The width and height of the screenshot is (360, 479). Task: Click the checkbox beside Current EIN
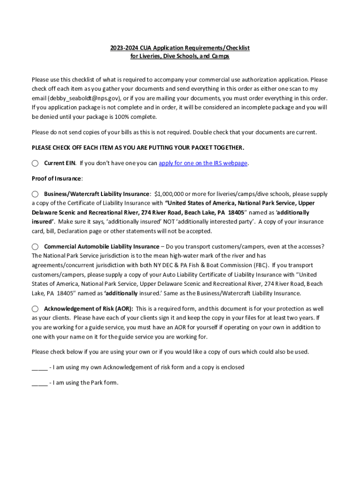(x=35, y=163)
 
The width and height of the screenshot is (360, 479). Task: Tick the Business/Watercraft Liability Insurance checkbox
(x=35, y=194)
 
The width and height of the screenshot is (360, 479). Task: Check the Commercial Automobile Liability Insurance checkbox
(x=35, y=247)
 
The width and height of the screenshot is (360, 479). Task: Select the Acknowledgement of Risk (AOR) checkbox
(x=35, y=309)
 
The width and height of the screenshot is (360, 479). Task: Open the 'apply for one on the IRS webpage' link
(x=203, y=163)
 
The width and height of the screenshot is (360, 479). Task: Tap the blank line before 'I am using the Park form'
(x=39, y=383)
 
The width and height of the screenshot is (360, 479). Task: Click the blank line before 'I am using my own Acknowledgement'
(x=39, y=367)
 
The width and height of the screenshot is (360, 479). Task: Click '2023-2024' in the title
(x=123, y=48)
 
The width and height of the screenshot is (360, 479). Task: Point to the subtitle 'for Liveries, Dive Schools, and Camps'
(x=180, y=57)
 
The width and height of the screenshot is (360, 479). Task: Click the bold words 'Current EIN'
(x=60, y=163)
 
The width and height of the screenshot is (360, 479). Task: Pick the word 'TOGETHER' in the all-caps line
(x=228, y=148)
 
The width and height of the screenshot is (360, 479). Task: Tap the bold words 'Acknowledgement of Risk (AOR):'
(x=88, y=309)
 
